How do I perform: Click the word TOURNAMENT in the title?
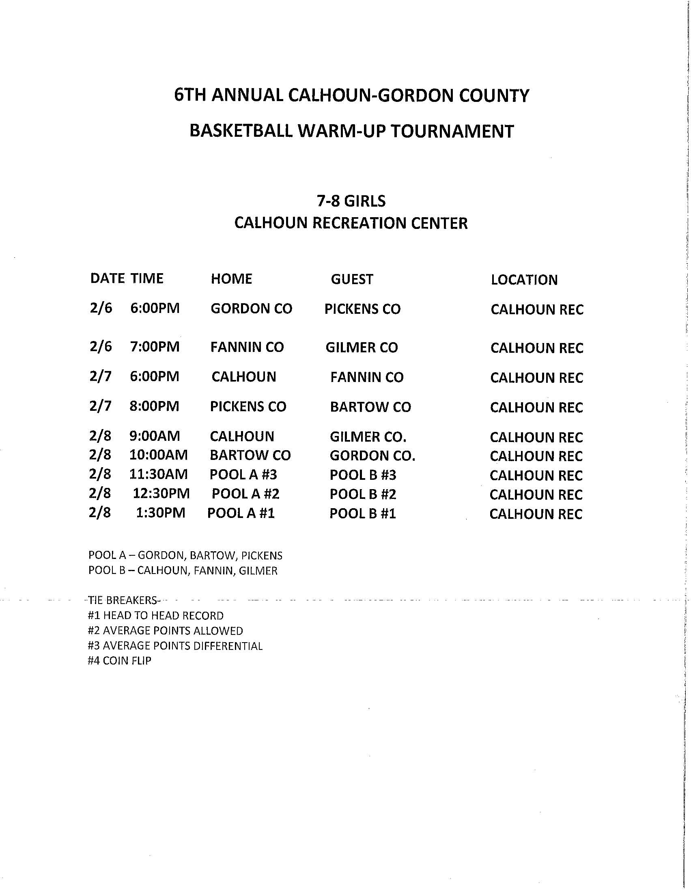pos(452,132)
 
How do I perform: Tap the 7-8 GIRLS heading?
pos(351,201)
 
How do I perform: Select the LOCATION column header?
pos(524,280)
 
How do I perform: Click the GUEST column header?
pos(352,279)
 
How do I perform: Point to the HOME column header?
pos(231,279)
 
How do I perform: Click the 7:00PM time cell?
pos(155,347)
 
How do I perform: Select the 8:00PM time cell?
pos(154,406)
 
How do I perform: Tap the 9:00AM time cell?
pos(155,436)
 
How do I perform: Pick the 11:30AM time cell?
pos(158,475)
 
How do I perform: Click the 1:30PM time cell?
pos(160,513)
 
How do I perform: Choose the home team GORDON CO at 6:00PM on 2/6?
pos(251,309)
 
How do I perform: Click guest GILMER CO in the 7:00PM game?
pos(362,347)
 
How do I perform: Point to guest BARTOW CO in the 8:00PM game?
pos(370,407)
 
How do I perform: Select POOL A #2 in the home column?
pos(245,494)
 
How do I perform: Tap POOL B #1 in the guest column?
pos(363,513)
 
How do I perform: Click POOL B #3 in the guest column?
pos(363,475)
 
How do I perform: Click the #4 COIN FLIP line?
pos(119,661)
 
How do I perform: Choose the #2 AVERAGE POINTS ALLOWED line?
pos(165,631)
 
